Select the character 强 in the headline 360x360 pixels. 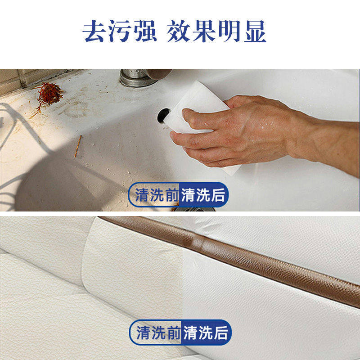click(145, 31)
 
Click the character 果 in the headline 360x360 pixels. click(204, 31)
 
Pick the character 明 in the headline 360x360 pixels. click(229, 31)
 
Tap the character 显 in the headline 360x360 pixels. click(254, 31)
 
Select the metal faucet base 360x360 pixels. click(136, 78)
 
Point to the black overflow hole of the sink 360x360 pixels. click(163, 115)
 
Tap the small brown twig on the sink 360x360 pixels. click(78, 146)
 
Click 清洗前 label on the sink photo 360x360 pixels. click(157, 195)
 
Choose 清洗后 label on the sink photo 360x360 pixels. click(203, 195)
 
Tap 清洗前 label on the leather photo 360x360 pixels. click(158, 333)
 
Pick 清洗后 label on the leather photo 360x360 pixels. click(206, 333)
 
